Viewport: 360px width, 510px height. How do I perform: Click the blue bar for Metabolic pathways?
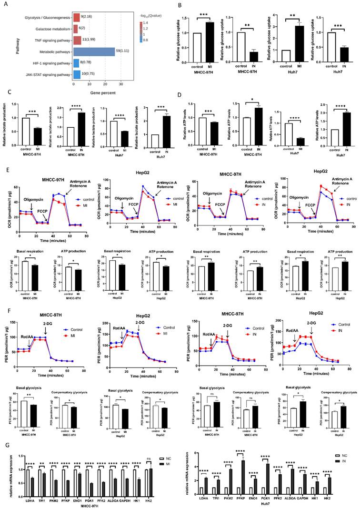94,51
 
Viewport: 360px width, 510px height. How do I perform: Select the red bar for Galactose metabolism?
75,29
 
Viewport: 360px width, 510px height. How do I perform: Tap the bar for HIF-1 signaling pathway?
76,62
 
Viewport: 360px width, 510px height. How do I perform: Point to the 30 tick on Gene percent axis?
121,84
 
